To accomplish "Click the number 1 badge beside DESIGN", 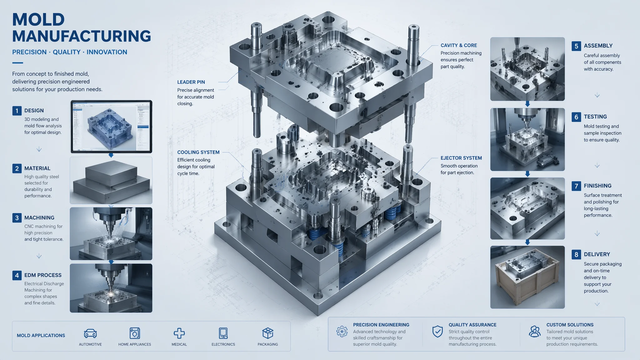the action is pyautogui.click(x=17, y=111).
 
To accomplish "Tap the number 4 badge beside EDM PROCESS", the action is pyautogui.click(x=17, y=275).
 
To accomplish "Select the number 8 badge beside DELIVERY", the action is pyautogui.click(x=576, y=254).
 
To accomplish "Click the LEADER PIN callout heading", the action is pyautogui.click(x=191, y=82).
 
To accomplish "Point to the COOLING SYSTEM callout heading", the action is pyautogui.click(x=198, y=152).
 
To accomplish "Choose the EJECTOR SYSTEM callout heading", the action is pyautogui.click(x=461, y=158).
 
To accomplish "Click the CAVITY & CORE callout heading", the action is pyautogui.click(x=459, y=45).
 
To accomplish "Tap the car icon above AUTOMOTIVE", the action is pyautogui.click(x=90, y=333).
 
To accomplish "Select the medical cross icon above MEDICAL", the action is pyautogui.click(x=179, y=333).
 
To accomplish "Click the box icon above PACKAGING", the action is pyautogui.click(x=268, y=333).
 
